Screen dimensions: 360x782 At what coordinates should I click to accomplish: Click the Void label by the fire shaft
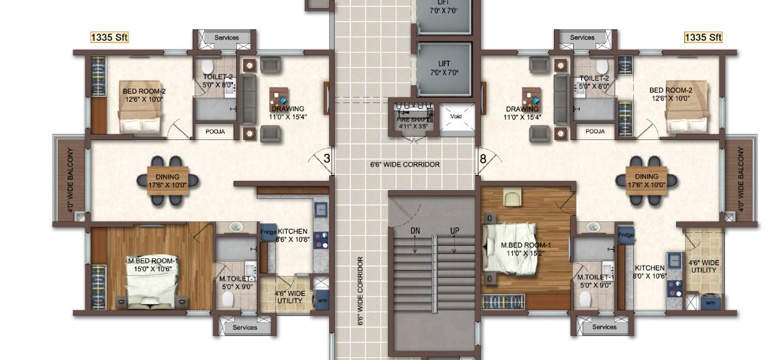(x=456, y=116)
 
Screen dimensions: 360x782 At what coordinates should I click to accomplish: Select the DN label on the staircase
(x=415, y=231)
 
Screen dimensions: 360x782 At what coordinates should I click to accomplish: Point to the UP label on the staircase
(x=454, y=231)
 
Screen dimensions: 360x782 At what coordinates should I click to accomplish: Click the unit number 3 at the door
(x=326, y=158)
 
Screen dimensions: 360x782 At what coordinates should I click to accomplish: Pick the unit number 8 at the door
(x=483, y=158)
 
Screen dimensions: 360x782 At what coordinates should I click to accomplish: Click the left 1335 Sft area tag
(x=109, y=37)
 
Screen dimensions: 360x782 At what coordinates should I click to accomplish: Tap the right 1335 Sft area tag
(x=703, y=37)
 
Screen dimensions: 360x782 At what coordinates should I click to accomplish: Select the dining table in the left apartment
(x=167, y=181)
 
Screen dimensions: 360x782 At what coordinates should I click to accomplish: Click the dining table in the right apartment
(x=646, y=181)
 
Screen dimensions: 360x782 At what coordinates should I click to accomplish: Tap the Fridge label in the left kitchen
(x=268, y=232)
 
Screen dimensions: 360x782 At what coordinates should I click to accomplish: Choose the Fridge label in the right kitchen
(x=626, y=235)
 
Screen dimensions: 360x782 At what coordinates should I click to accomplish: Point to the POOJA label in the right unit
(x=595, y=131)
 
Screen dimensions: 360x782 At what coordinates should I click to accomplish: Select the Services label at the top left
(x=227, y=38)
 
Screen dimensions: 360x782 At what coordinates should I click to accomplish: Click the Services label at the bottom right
(x=604, y=327)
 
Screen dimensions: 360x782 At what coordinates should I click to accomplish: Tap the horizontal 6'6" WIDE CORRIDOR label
(x=404, y=165)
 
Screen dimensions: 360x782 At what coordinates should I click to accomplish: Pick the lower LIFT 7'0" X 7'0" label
(x=444, y=68)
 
